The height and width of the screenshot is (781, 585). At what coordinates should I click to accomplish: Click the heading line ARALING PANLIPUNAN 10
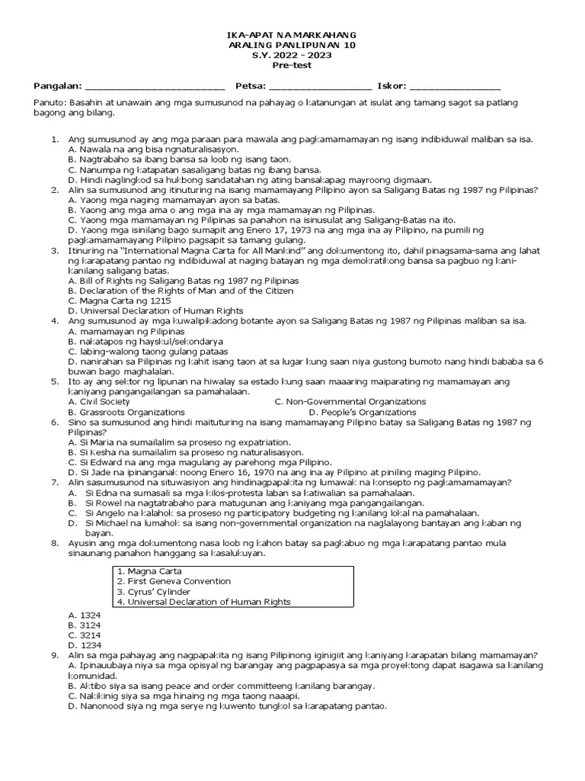tap(292, 45)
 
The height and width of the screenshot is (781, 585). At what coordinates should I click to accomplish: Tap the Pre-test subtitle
tap(292, 66)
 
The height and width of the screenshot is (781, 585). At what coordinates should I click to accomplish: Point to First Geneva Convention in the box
tap(174, 581)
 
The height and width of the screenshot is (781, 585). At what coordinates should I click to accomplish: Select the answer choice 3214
tap(85, 635)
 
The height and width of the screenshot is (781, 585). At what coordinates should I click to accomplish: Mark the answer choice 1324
tap(85, 614)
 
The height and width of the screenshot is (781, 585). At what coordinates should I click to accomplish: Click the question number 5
tap(54, 381)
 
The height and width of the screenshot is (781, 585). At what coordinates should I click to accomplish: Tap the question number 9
tap(54, 655)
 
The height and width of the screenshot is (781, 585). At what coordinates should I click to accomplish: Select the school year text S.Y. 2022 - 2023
tap(292, 55)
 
